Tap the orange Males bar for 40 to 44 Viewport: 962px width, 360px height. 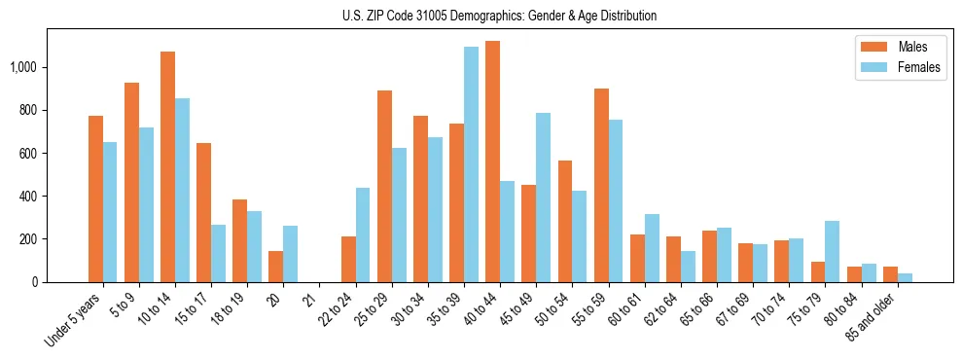(x=492, y=162)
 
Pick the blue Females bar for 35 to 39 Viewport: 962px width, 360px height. (x=471, y=164)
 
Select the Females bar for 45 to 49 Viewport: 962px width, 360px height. (x=543, y=198)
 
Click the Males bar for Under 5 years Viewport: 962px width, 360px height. (x=95, y=198)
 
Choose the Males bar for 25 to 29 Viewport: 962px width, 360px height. (x=384, y=186)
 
